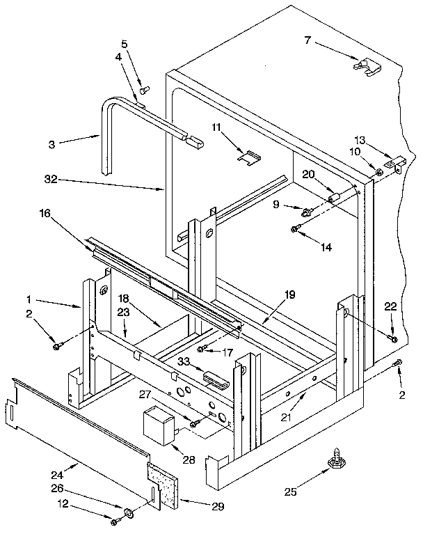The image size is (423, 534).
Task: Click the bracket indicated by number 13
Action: [397, 165]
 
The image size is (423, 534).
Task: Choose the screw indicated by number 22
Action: [393, 338]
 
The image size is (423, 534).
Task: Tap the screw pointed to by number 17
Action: [200, 348]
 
